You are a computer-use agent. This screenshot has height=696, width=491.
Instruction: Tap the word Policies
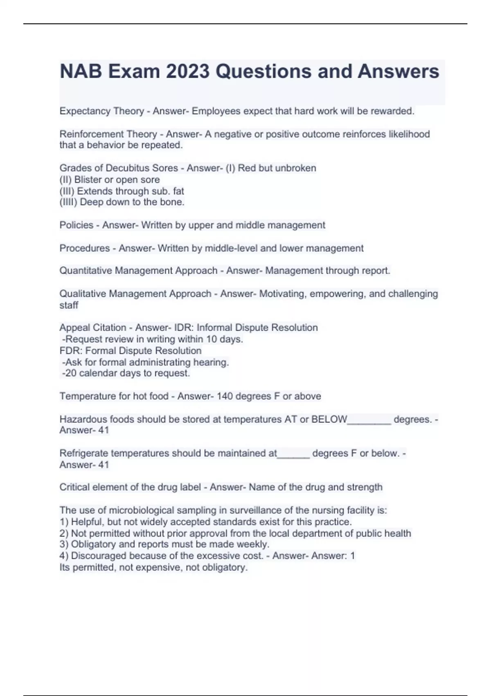point(76,225)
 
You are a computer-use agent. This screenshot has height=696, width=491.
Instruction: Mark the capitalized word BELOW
point(329,419)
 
